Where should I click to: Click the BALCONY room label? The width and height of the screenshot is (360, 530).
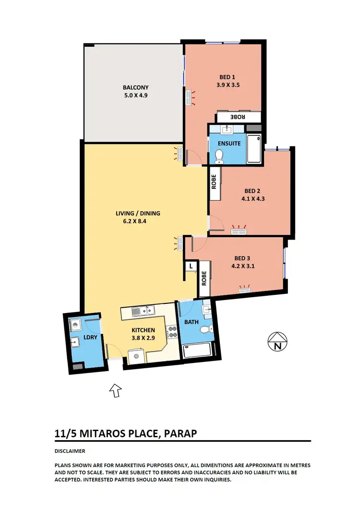click(x=135, y=87)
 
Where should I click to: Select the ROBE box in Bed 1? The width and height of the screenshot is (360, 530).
click(x=239, y=117)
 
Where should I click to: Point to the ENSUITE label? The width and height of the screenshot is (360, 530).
click(x=227, y=143)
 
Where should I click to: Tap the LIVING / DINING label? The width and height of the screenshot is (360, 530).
click(x=138, y=213)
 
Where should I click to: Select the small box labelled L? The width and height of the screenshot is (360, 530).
click(x=191, y=266)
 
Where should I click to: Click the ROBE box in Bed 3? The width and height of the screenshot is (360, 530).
click(x=204, y=278)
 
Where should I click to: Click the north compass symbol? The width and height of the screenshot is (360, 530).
click(x=277, y=341)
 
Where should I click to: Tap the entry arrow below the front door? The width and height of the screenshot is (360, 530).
click(x=115, y=390)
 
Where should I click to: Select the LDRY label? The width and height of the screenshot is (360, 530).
click(x=90, y=337)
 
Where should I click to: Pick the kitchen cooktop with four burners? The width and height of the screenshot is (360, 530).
click(x=171, y=331)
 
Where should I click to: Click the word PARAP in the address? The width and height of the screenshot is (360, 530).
click(x=181, y=434)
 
